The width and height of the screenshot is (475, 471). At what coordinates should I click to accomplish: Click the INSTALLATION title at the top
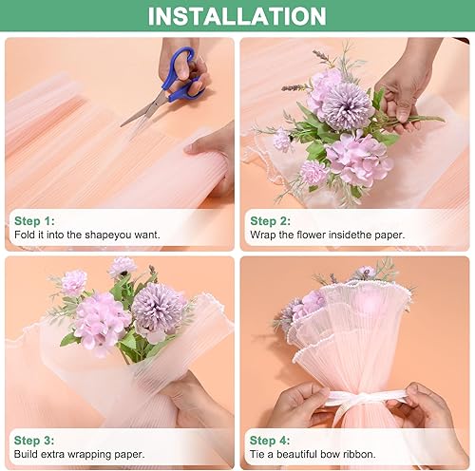pos(237,16)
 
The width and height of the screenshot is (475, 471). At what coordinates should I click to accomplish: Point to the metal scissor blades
pos(142,110)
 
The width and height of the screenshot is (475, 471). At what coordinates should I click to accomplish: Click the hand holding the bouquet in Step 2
pos(404,90)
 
